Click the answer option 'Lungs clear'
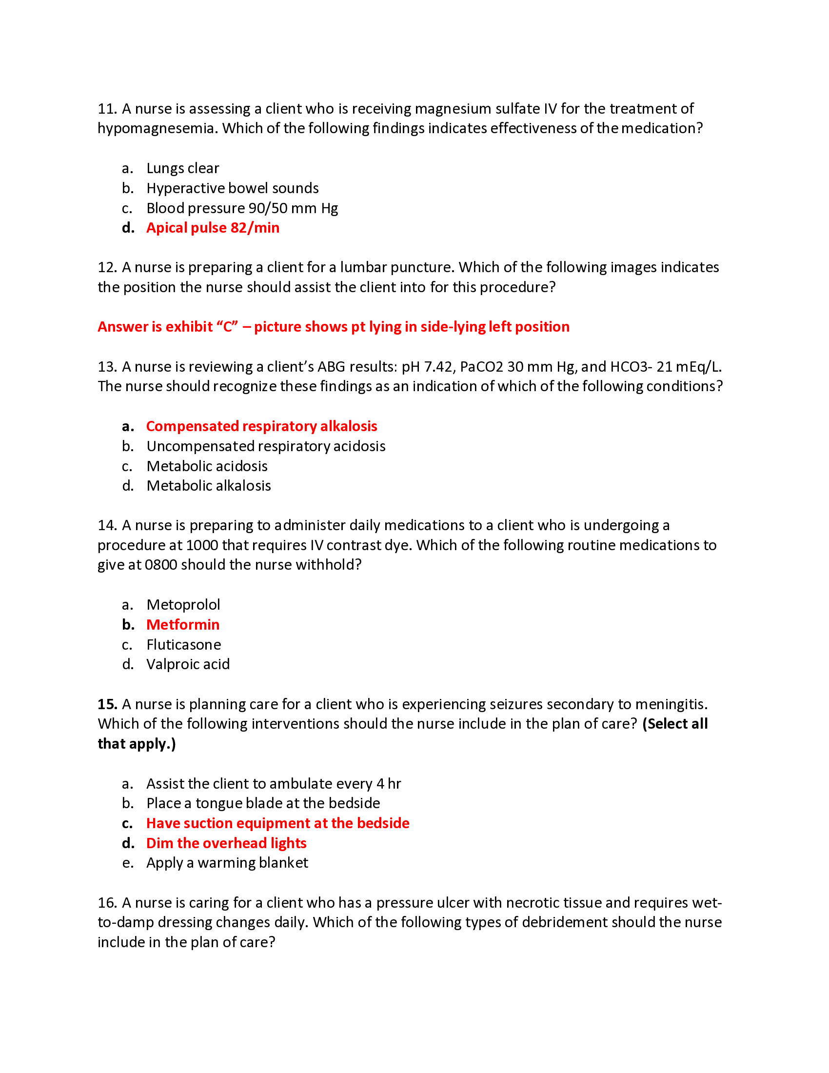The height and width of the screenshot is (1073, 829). pos(182,169)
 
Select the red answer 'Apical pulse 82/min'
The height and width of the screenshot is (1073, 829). pos(212,228)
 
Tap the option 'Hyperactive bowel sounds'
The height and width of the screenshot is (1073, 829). pos(232,188)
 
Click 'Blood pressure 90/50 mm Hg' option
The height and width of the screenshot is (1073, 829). pos(241,208)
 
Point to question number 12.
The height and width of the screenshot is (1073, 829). pos(106,267)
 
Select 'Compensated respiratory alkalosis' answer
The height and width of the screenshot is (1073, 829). pos(261,426)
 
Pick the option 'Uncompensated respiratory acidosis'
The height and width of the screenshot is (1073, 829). pos(266,446)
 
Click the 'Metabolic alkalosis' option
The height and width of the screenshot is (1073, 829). pos(208,486)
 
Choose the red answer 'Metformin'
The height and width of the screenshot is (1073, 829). pos(183,625)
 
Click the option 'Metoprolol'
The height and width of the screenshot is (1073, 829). pos(183,605)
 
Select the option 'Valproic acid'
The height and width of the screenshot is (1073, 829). pos(188,665)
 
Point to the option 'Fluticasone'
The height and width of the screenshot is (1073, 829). pos(183,645)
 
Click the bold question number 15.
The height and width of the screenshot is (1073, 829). pos(107,705)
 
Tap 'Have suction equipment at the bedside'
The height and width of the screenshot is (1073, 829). pos(277,823)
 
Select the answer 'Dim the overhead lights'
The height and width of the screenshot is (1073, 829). pos(226,844)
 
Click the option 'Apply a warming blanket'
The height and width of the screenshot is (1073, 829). pos(227,863)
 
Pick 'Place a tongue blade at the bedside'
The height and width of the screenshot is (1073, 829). pos(263,803)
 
